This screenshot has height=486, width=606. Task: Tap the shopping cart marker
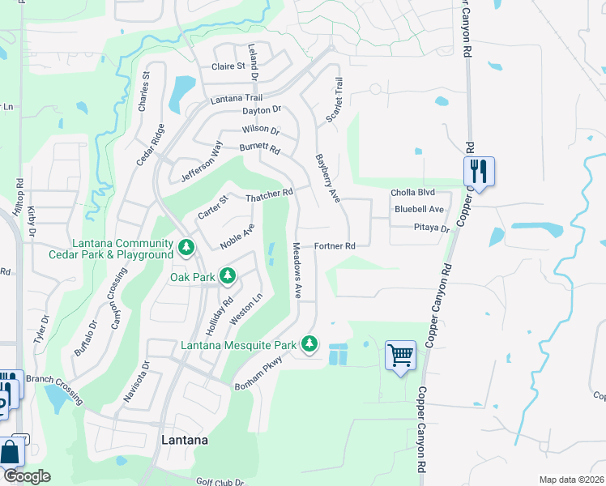(400, 355)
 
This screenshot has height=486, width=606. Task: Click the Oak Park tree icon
(228, 277)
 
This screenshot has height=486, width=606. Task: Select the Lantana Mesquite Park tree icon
(309, 344)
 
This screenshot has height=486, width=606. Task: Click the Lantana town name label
(184, 441)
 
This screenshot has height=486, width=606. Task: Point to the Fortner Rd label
(335, 245)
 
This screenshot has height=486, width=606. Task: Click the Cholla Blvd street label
(412, 193)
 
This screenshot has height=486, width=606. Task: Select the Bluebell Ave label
(419, 209)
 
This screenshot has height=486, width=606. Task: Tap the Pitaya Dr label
(431, 228)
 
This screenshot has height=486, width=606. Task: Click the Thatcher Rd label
(269, 195)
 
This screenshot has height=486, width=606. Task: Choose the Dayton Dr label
(261, 109)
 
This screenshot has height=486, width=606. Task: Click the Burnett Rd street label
(259, 149)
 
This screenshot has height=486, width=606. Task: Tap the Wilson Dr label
(260, 130)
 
